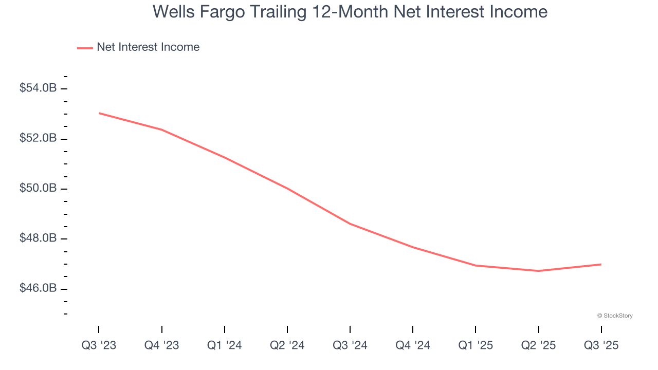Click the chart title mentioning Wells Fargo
tap(350, 12)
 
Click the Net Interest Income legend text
tap(148, 47)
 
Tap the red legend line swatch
tap(85, 48)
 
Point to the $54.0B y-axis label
tap(38, 88)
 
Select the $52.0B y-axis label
tap(38, 139)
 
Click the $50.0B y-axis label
tap(38, 189)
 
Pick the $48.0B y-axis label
tap(38, 238)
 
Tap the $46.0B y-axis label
tap(38, 289)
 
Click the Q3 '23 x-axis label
tap(99, 345)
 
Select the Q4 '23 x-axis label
tap(162, 345)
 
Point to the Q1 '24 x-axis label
tap(225, 345)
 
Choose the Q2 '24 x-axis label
tap(287, 345)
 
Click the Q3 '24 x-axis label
tap(350, 345)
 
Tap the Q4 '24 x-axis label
tap(413, 345)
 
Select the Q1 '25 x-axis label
tap(476, 345)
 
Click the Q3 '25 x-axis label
tap(601, 345)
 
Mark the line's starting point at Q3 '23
tap(99, 113)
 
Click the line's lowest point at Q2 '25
tap(538, 271)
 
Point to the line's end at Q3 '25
tap(601, 264)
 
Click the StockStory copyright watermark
tap(615, 316)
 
